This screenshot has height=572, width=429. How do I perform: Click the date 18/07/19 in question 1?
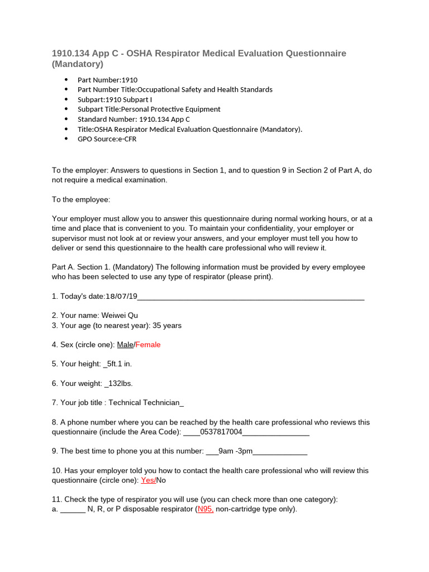coord(121,296)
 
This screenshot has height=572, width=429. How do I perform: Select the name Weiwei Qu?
coord(120,316)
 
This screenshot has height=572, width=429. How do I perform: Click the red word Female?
coord(148,345)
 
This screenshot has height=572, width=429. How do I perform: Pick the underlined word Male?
coord(125,345)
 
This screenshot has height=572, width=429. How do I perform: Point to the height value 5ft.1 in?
coord(118,364)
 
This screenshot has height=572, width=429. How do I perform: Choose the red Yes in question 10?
coord(148,480)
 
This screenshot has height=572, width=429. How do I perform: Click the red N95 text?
coord(205,509)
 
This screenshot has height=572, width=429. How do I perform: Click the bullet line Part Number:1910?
coord(107,80)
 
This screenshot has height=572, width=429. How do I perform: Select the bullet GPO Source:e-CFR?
coord(107,139)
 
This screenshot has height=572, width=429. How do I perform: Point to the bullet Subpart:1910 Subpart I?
coord(115,99)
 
